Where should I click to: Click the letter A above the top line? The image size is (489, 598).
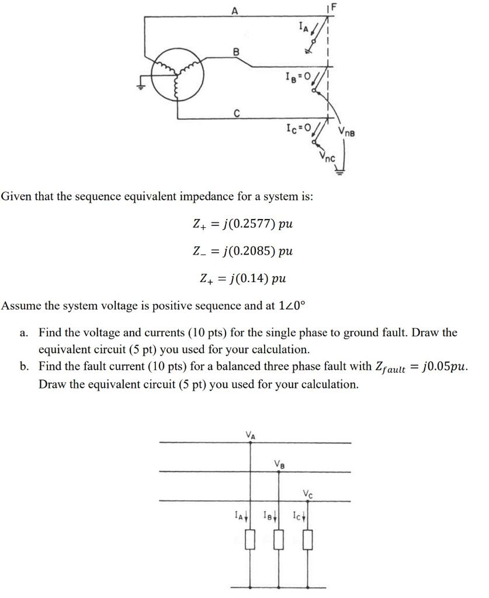click(x=235, y=9)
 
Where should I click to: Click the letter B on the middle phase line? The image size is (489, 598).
click(x=236, y=51)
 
